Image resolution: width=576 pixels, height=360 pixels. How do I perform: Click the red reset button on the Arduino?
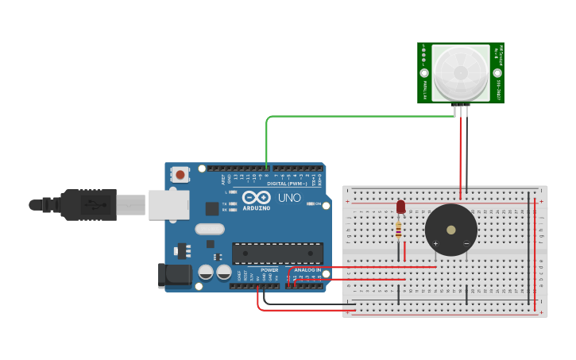(x=181, y=174)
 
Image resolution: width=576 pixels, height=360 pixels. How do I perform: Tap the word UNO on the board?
(x=289, y=197)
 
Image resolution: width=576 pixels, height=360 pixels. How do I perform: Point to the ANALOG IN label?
(x=307, y=270)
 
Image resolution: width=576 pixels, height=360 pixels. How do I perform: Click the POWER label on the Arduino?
(x=269, y=270)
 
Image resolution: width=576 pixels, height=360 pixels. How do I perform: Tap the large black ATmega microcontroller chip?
(x=277, y=254)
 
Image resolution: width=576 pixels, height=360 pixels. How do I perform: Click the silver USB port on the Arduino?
(x=168, y=205)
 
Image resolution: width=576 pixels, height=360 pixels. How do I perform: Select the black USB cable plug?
(x=88, y=205)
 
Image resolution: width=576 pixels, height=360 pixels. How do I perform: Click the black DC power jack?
(x=174, y=276)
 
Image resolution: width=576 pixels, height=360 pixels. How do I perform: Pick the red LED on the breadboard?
(x=400, y=207)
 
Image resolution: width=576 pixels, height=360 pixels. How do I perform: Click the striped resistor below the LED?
(x=398, y=230)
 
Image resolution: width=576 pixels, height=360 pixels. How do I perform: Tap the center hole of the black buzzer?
(x=451, y=230)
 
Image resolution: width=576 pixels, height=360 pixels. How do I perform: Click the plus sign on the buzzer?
(x=435, y=243)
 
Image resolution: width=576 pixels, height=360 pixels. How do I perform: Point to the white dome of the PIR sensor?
(x=461, y=72)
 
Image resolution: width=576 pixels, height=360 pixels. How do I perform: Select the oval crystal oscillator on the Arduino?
(x=210, y=230)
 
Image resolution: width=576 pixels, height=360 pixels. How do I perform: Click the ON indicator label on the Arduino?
(x=316, y=204)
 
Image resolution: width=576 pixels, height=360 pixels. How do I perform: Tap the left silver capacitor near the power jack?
(x=206, y=272)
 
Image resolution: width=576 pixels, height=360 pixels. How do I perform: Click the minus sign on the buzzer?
(x=466, y=243)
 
